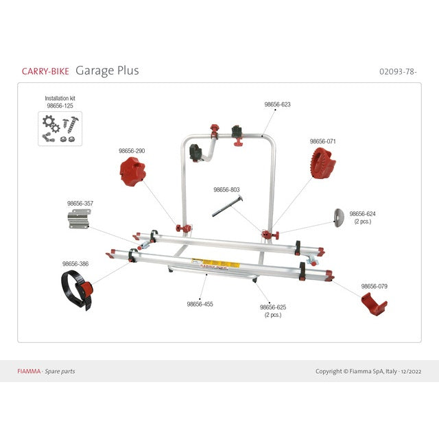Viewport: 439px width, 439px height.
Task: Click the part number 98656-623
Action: point(277,105)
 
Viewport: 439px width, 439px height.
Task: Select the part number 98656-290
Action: point(132,150)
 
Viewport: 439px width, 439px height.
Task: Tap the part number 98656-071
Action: point(322,141)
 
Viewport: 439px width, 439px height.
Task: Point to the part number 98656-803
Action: point(226,189)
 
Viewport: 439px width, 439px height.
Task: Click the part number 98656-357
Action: point(80,203)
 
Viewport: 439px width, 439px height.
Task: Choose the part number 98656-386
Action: point(75,263)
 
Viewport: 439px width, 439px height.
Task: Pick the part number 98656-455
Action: point(200,303)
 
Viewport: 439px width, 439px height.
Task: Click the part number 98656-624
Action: point(362,213)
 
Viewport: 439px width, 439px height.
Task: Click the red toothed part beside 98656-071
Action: point(322,162)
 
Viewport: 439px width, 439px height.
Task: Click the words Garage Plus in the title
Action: point(107,71)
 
